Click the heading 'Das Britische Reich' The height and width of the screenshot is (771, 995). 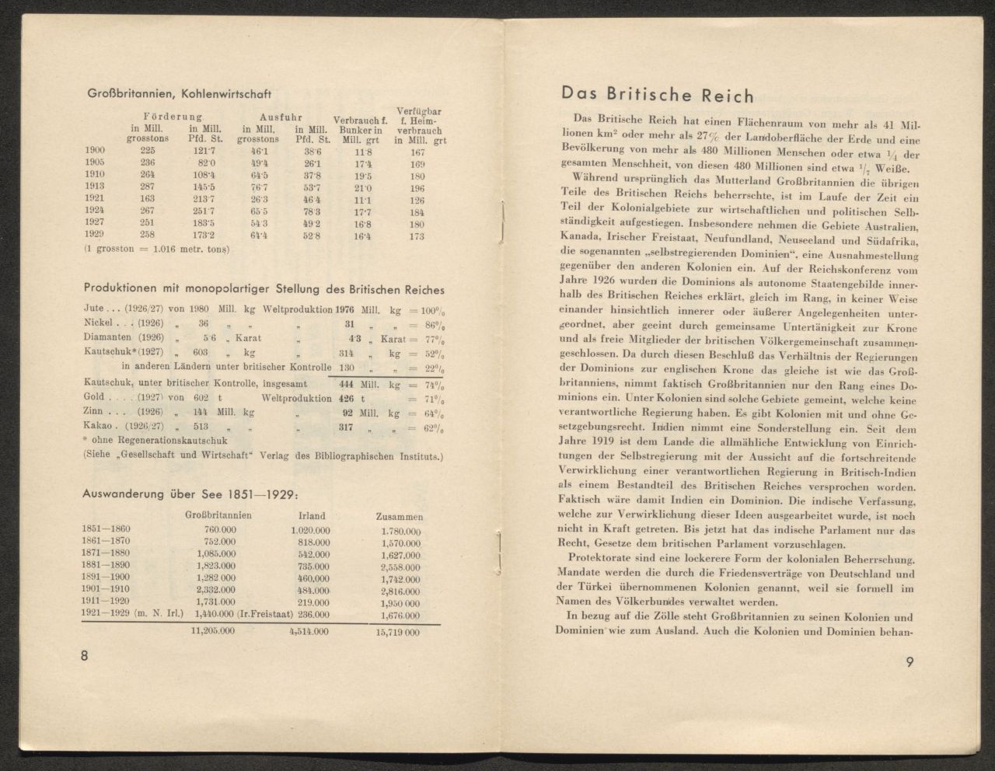pos(657,96)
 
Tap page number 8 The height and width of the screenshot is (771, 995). pos(85,655)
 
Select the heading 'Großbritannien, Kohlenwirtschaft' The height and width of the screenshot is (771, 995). pos(179,94)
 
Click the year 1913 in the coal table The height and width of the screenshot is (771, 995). pos(95,187)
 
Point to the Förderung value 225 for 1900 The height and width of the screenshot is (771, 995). pos(148,151)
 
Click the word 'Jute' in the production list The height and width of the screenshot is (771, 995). pos(93,309)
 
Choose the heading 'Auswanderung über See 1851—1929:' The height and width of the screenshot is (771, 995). pos(190,495)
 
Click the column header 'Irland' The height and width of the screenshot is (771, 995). pos(312,515)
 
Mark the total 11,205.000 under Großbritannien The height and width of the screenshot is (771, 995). pos(214,631)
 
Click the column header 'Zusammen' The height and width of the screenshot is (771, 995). pos(399,517)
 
